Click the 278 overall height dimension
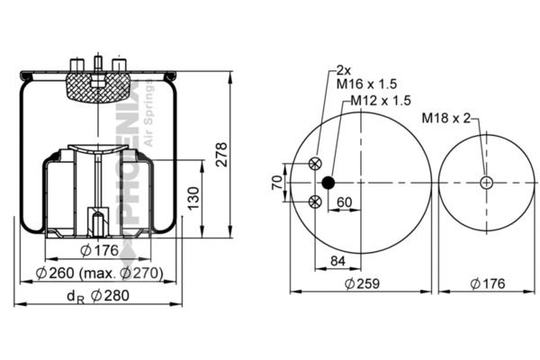[221, 154]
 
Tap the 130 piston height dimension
[193, 198]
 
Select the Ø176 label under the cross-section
[100, 250]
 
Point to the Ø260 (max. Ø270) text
[100, 274]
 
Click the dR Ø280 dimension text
[98, 296]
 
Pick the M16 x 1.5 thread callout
[366, 84]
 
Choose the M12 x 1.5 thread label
[381, 100]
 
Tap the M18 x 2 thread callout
[446, 118]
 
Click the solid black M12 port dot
[328, 183]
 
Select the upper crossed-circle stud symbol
[315, 164]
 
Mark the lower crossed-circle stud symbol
[315, 202]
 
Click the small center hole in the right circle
[486, 183]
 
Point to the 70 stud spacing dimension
[277, 182]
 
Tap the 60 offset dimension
[345, 202]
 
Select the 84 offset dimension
[337, 261]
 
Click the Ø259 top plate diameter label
[362, 283]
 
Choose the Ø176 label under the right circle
[487, 283]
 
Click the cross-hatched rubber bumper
[99, 88]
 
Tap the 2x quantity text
[344, 70]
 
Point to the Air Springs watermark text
[148, 112]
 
